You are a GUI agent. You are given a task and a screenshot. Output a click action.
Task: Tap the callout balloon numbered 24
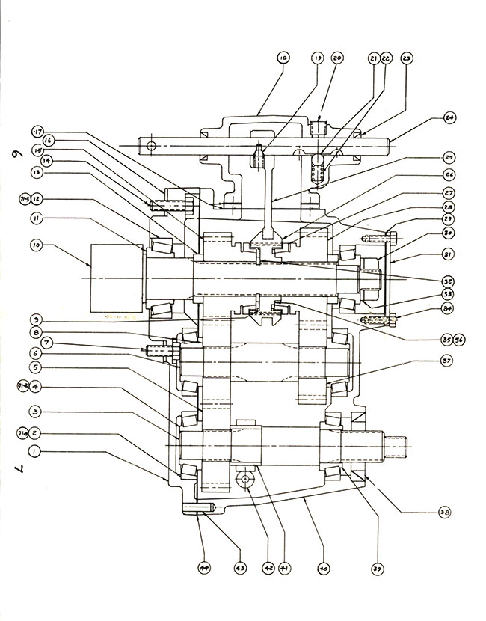tap(449, 117)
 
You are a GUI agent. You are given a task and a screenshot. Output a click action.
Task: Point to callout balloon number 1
tap(34, 452)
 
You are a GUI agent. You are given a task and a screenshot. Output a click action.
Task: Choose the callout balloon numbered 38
tap(444, 513)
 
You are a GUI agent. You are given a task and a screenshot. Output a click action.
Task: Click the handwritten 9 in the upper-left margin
tap(16, 157)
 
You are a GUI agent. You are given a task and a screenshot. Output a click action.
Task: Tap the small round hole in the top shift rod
tap(150, 145)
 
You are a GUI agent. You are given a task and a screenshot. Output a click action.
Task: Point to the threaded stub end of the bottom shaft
tap(399, 444)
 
